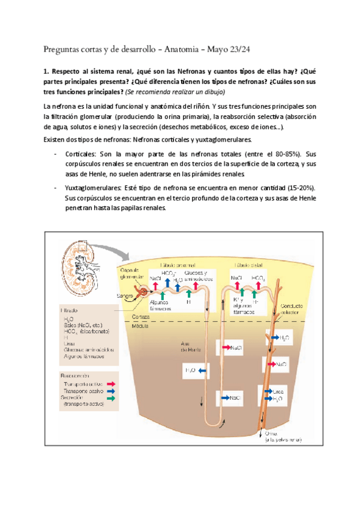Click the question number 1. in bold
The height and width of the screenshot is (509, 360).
pyautogui.click(x=48, y=73)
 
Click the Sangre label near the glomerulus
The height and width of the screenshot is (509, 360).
pyautogui.click(x=125, y=295)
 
